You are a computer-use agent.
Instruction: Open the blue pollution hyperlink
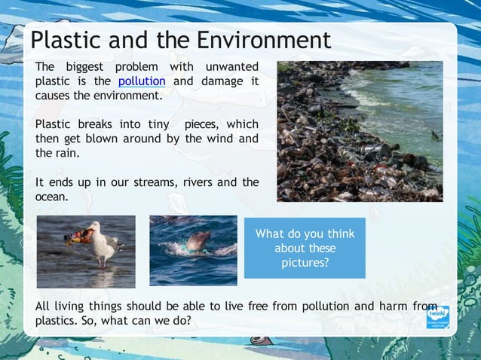(x=142, y=81)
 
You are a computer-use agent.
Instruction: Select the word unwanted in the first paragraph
(x=232, y=67)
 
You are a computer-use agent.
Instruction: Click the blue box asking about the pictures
(x=305, y=248)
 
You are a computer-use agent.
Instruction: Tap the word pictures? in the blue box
(x=305, y=263)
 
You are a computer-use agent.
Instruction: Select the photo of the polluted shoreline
(x=359, y=131)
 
